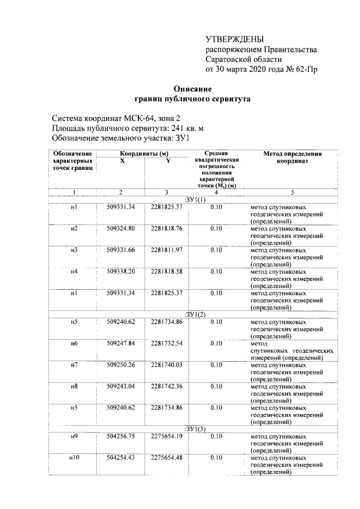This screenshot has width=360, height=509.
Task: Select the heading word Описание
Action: tap(192, 88)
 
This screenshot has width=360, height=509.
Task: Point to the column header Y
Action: tap(168, 161)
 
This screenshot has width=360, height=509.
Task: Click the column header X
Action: tap(122, 161)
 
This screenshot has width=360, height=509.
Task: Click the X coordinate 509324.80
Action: tap(121, 228)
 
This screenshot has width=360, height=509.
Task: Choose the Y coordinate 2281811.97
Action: tap(166, 250)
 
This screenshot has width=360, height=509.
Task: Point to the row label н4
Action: tap(74, 271)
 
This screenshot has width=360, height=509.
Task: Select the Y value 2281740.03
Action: tap(166, 364)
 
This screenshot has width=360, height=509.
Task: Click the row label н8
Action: tap(74, 386)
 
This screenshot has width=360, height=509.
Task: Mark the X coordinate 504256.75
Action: tap(121, 436)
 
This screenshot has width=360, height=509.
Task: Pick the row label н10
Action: tap(74, 457)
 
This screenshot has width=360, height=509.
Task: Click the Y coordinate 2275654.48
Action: tap(166, 457)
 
